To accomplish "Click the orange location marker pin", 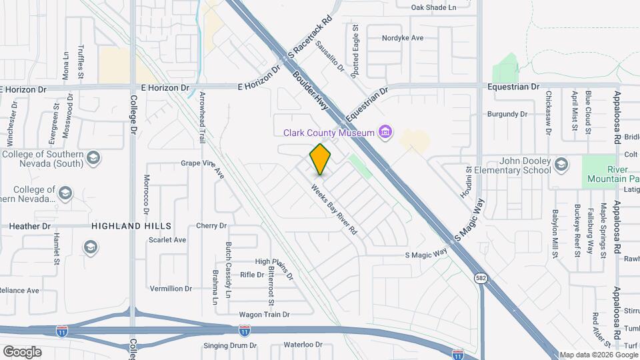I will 321,159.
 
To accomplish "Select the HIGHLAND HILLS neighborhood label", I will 132,226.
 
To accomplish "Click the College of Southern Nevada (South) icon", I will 93,157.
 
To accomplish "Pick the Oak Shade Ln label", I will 433,7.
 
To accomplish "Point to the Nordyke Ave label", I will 403,38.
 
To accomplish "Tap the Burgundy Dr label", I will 506,114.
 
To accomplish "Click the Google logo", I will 21,351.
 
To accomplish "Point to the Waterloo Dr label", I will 303,345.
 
